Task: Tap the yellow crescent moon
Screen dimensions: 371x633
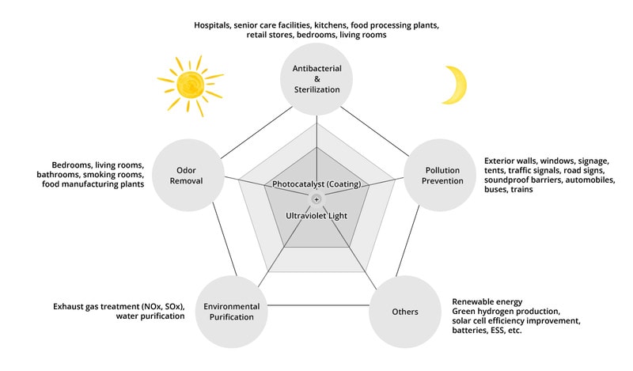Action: (x=457, y=85)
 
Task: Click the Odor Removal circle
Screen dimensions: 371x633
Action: (x=190, y=175)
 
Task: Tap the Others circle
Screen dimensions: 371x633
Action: (x=404, y=311)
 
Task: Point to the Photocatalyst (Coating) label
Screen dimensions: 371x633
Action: (x=316, y=184)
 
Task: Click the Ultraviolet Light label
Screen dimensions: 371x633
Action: (x=316, y=214)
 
